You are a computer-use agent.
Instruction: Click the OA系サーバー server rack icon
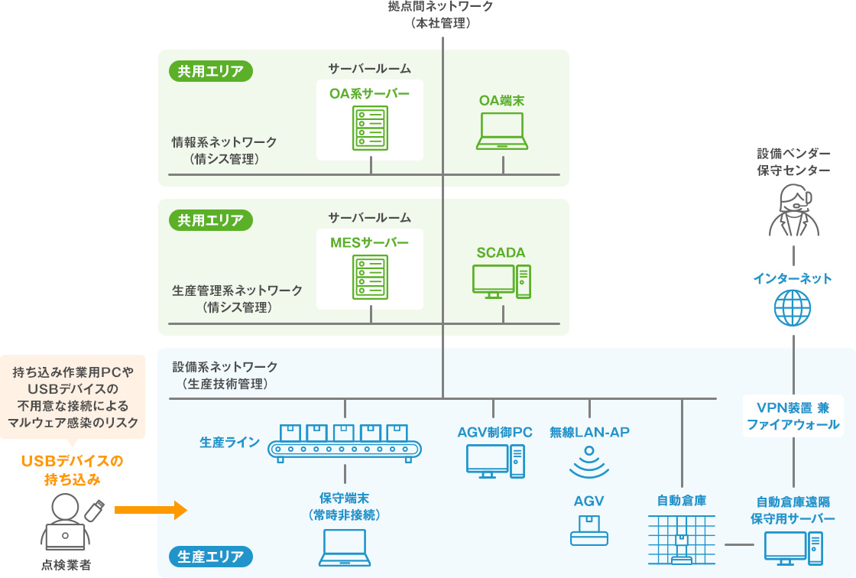click(x=371, y=128)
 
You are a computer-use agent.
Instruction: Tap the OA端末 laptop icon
click(x=502, y=131)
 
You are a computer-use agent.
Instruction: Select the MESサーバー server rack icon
click(x=371, y=277)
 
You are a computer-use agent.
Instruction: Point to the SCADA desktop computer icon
click(x=501, y=281)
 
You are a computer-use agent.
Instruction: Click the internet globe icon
click(x=793, y=308)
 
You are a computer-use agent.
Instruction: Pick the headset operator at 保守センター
click(x=793, y=210)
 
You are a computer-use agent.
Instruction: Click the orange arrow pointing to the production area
click(x=151, y=510)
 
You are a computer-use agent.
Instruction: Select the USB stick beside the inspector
click(x=93, y=510)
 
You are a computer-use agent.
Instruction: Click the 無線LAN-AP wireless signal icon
click(x=589, y=461)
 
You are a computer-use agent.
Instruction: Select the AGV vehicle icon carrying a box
click(x=589, y=531)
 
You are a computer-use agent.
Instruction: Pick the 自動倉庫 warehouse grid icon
click(x=681, y=540)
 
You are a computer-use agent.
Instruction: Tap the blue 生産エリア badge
click(x=210, y=556)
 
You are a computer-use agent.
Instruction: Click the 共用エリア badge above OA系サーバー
click(x=210, y=72)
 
